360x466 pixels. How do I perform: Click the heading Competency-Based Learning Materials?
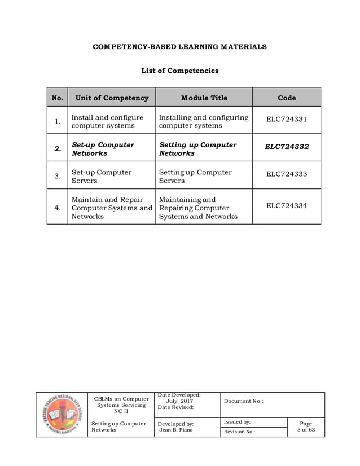179,46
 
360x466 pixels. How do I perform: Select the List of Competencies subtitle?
179,71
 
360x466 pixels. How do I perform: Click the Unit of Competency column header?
112,98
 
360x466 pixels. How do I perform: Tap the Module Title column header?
204,98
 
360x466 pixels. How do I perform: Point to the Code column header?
287,98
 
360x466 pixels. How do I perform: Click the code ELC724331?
287,120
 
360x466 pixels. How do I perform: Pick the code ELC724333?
287,174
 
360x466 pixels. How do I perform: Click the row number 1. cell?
58,121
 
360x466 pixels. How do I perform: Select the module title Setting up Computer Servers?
195,176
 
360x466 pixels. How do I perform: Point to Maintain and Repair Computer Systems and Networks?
112,208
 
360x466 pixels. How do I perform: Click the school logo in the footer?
62,415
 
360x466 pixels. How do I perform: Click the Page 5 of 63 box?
306,427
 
